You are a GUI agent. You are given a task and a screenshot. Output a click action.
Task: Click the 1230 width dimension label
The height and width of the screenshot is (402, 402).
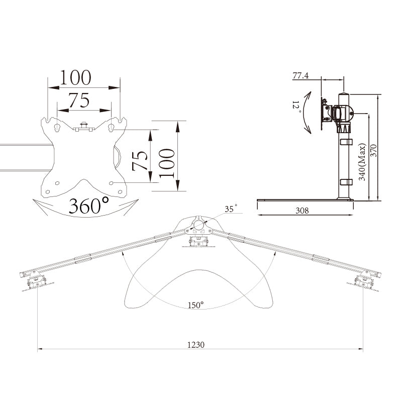[196, 345]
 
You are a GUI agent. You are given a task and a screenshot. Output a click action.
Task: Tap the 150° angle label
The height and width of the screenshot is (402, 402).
[195, 305]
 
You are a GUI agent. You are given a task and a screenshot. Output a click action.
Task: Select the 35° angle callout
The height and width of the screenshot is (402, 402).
[231, 209]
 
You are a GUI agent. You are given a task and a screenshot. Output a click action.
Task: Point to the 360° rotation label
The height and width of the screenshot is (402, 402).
[89, 206]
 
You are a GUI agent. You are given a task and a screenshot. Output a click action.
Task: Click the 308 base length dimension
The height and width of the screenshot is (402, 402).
[302, 211]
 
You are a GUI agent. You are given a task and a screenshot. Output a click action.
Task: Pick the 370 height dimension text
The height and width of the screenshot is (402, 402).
[374, 151]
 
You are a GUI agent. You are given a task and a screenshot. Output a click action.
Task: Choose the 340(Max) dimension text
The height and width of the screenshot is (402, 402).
[362, 162]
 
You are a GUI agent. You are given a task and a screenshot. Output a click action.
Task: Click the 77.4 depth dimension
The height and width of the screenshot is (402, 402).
[300, 76]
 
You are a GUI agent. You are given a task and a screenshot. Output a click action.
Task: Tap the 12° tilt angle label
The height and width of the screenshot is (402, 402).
[296, 108]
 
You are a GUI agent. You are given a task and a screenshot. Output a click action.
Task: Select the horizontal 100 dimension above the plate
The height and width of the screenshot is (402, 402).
[75, 77]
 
